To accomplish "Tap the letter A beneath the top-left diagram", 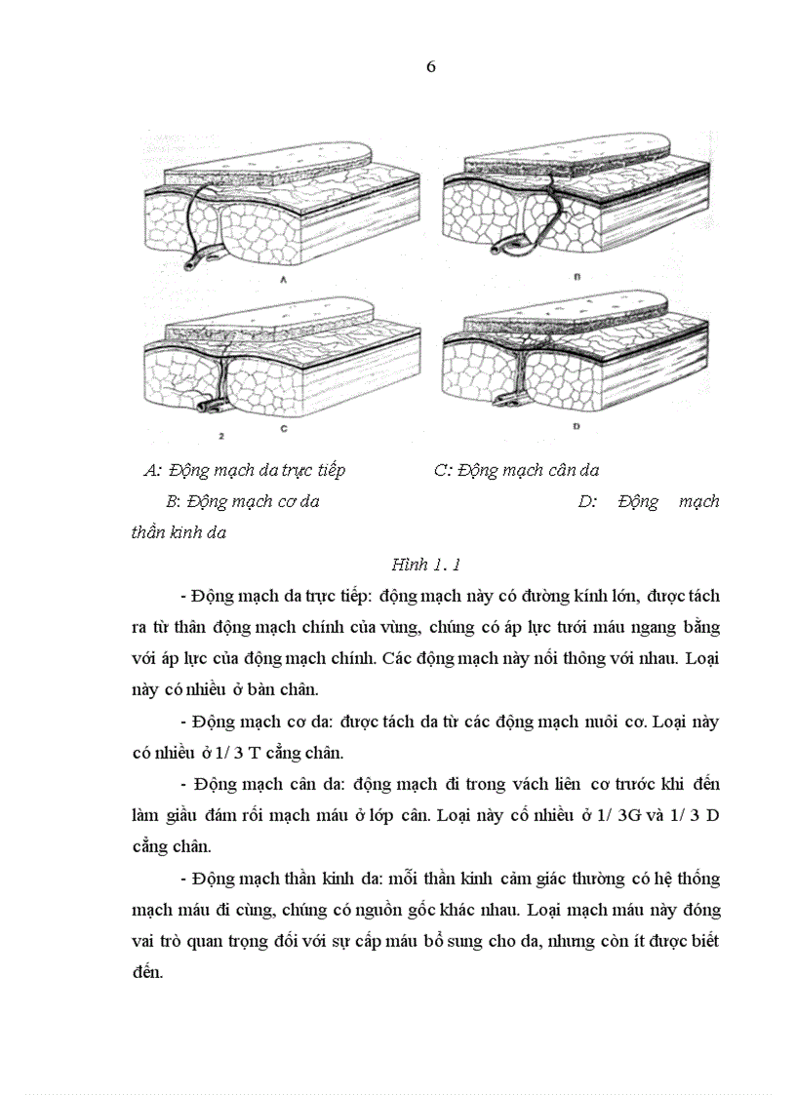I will (x=283, y=279).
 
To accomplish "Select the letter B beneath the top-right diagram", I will (x=577, y=278).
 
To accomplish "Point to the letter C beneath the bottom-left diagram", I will (x=282, y=427).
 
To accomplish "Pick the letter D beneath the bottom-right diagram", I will (x=577, y=426).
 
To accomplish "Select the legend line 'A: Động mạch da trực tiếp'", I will (x=244, y=471).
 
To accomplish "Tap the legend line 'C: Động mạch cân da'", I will (x=516, y=471).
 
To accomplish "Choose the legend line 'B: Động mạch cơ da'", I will (x=243, y=502).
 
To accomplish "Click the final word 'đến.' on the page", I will (x=148, y=973).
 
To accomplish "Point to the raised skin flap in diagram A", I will (x=268, y=171).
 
